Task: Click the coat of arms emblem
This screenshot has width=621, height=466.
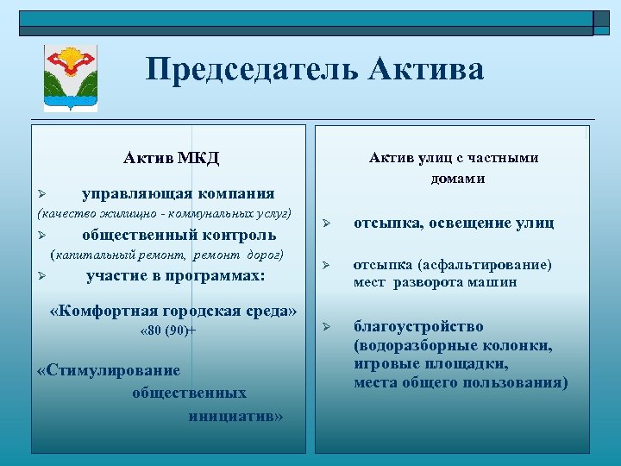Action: [x=71, y=79]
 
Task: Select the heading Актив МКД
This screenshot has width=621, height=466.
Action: [x=171, y=158]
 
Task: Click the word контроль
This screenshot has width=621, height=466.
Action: [x=238, y=235]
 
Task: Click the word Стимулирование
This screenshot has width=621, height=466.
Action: [x=110, y=371]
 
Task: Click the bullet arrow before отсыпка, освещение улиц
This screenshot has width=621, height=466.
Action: [x=327, y=224]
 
